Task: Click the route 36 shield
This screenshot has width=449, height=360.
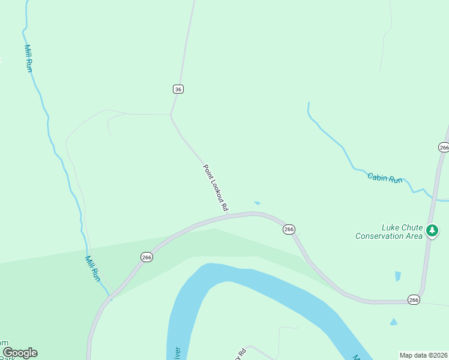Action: [x=178, y=89]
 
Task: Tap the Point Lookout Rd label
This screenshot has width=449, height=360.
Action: [x=215, y=188]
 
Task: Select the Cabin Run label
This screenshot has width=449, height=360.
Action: [x=385, y=178]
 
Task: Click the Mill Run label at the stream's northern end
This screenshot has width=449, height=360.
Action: [x=28, y=58]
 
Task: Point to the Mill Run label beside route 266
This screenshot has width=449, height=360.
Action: [x=92, y=269]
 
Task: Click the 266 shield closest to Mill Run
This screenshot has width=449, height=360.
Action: [x=146, y=257]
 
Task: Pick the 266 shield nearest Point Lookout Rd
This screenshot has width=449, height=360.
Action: [x=289, y=229]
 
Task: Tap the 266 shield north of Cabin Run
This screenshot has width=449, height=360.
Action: [x=444, y=147]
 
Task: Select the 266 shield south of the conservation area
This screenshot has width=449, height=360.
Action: [x=414, y=299]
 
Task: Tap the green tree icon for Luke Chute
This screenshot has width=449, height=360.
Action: [x=432, y=230]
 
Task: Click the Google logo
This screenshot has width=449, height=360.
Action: [x=19, y=353]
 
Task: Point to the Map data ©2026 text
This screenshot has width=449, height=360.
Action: [x=423, y=355]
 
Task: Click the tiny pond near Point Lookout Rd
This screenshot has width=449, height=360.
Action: [x=257, y=203]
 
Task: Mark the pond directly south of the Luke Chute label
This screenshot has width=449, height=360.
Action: [x=397, y=276]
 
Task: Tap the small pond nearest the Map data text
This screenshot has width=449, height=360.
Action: [x=393, y=322]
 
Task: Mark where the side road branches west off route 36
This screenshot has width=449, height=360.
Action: [x=171, y=114]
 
